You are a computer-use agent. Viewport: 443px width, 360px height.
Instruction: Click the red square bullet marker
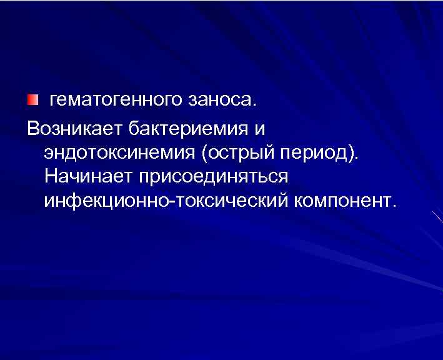(32, 100)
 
